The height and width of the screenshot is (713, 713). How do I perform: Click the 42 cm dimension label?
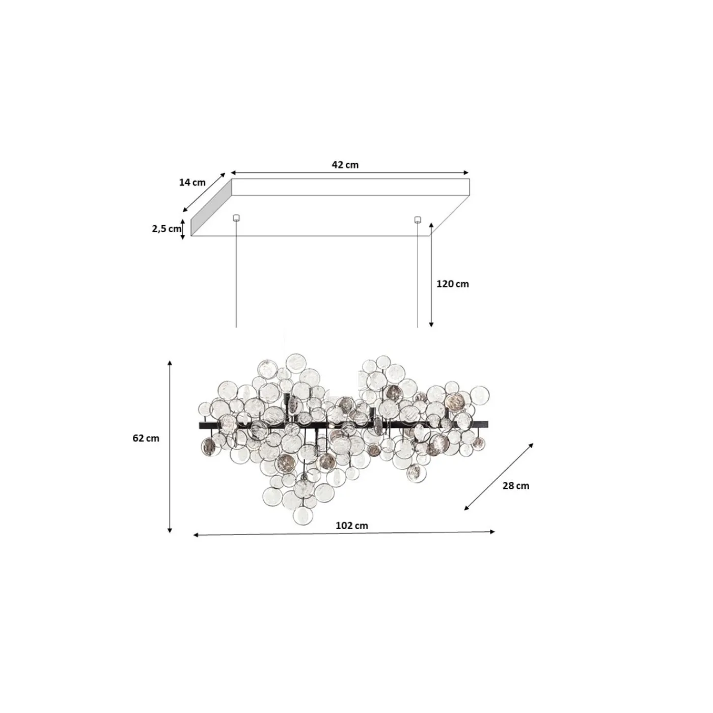click(x=345, y=164)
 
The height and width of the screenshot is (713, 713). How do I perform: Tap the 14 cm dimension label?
click(x=192, y=182)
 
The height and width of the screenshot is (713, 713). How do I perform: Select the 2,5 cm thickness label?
click(x=166, y=229)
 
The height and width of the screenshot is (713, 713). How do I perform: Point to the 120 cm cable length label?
click(x=452, y=284)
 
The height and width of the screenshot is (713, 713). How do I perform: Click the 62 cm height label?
click(x=146, y=438)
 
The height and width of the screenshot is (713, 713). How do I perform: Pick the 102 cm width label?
click(x=351, y=526)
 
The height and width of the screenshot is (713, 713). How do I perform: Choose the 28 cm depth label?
click(x=515, y=485)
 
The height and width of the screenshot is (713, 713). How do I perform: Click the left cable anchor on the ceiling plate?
click(x=236, y=218)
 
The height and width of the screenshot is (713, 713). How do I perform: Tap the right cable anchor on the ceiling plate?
click(x=418, y=220)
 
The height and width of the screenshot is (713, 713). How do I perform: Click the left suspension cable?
click(x=236, y=275)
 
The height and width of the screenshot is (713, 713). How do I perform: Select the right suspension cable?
click(x=418, y=275)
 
